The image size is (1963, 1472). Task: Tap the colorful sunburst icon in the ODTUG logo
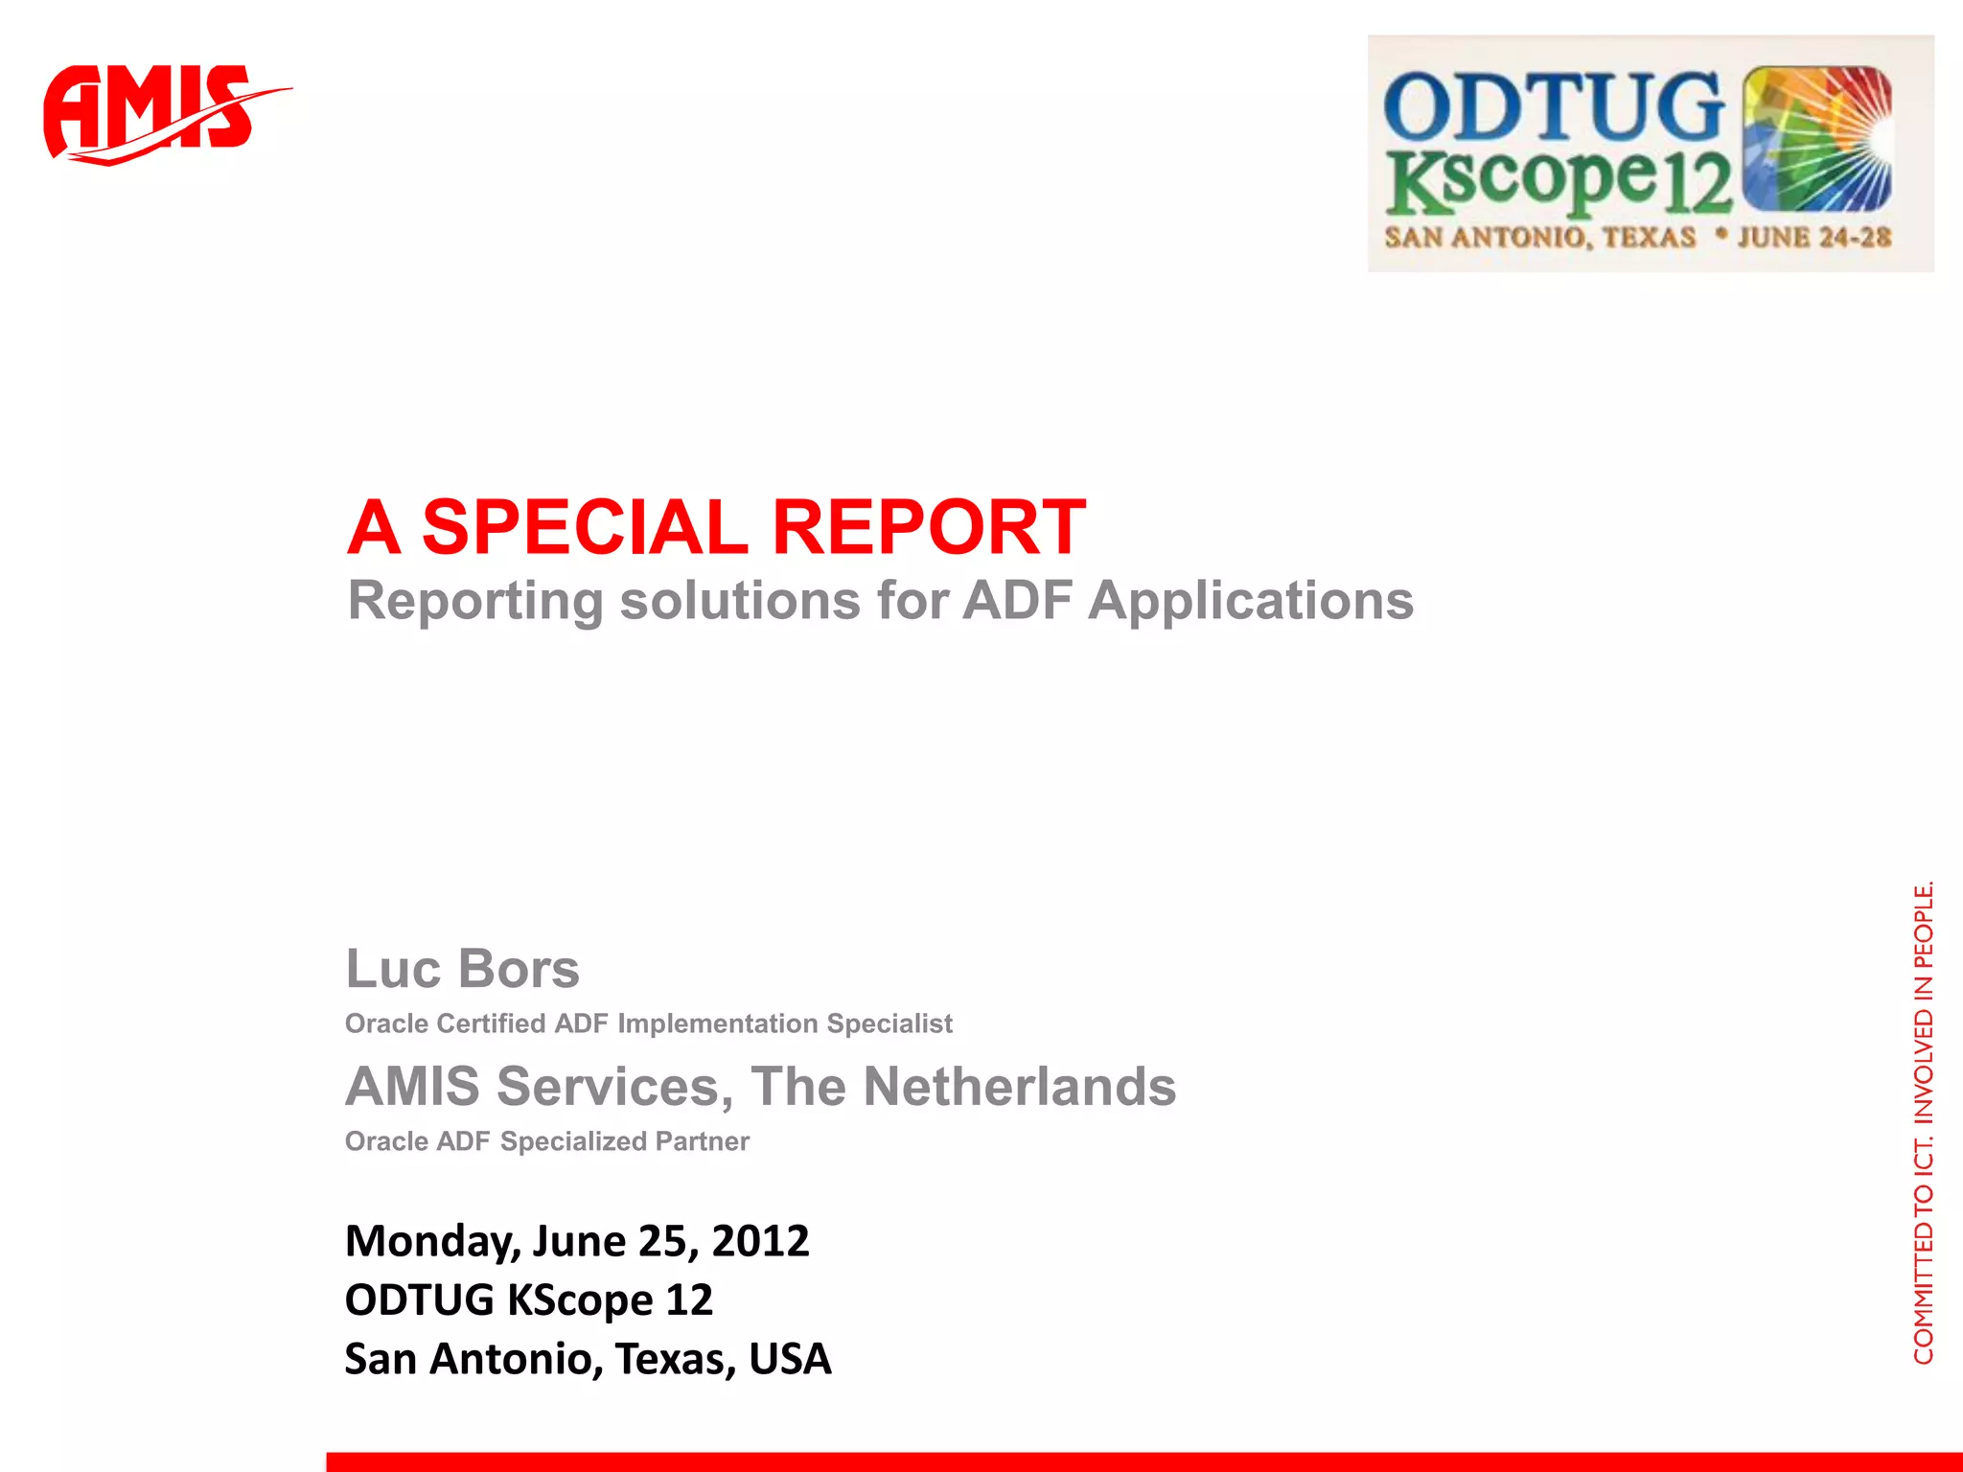pyautogui.click(x=1815, y=139)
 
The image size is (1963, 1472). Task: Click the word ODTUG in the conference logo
pyautogui.click(x=1553, y=107)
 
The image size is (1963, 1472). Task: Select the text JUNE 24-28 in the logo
pyautogui.click(x=1813, y=237)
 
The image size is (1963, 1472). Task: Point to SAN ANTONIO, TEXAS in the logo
pyautogui.click(x=1539, y=237)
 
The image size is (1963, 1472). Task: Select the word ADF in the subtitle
pyautogui.click(x=1017, y=601)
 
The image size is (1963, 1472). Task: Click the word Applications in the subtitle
pyautogui.click(x=1250, y=601)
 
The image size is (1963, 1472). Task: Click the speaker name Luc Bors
pyautogui.click(x=462, y=968)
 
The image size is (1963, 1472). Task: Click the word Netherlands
pyautogui.click(x=1019, y=1086)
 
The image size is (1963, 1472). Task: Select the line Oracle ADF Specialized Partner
pyautogui.click(x=546, y=1141)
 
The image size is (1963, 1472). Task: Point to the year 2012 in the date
pyautogui.click(x=760, y=1240)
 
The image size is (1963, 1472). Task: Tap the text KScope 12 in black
pyautogui.click(x=610, y=1299)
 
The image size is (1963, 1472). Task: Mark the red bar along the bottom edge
pyautogui.click(x=1141, y=1461)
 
